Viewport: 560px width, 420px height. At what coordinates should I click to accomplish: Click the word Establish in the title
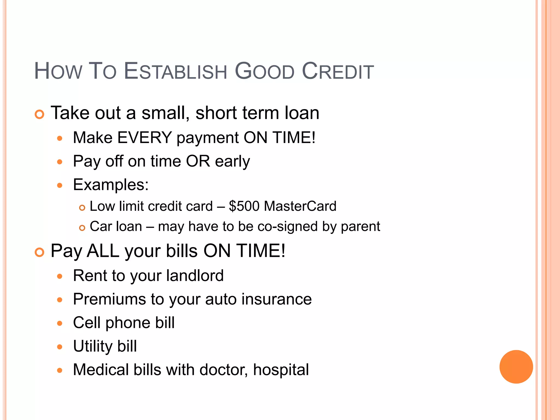click(175, 71)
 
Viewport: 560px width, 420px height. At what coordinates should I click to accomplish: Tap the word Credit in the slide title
click(338, 71)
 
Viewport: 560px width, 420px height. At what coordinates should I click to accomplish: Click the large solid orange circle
click(516, 367)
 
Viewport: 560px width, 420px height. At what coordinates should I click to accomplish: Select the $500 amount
click(244, 206)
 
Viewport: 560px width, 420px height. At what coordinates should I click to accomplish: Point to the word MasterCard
click(300, 206)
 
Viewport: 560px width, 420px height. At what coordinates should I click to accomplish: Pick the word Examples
click(110, 185)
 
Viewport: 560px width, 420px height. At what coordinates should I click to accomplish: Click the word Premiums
click(109, 299)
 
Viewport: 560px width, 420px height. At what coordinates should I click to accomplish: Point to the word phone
click(128, 323)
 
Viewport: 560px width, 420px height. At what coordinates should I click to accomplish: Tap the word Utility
click(93, 346)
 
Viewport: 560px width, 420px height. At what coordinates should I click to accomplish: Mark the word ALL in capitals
click(103, 251)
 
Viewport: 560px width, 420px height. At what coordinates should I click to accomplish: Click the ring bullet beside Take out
click(39, 114)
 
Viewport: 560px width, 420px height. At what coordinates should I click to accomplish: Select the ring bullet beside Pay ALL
click(39, 252)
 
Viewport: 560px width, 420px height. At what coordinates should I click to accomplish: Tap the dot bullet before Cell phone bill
click(60, 323)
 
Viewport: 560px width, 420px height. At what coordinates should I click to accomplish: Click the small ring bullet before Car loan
click(82, 228)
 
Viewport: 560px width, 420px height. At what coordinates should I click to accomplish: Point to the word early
click(232, 161)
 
